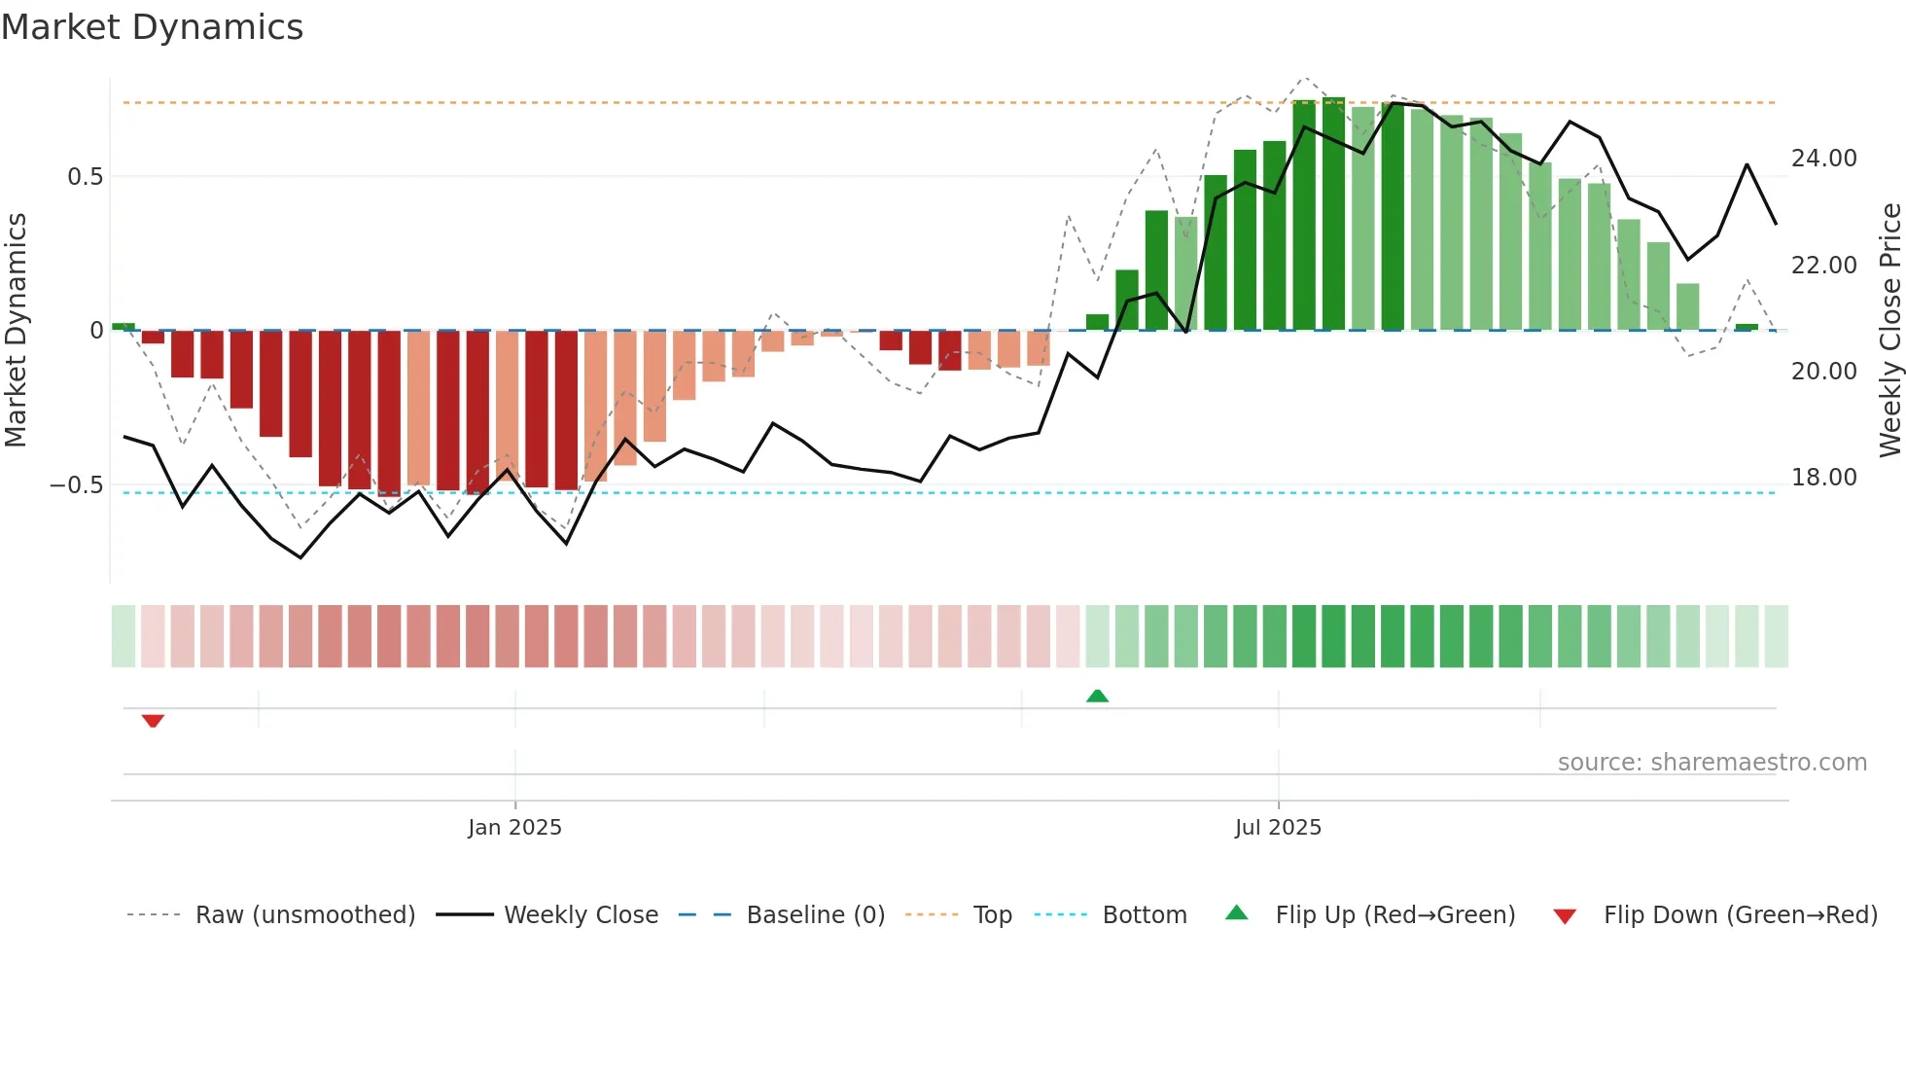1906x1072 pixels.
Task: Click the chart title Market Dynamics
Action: coord(153,27)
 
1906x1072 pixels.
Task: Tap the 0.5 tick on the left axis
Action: coord(85,177)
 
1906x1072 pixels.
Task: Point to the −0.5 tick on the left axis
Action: coord(76,485)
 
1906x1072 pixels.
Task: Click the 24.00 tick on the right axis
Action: coord(1823,159)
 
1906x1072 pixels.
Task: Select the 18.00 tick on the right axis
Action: coord(1823,478)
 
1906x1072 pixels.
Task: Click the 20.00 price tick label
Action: coord(1823,372)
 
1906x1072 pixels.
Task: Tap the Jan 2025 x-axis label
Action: coord(514,828)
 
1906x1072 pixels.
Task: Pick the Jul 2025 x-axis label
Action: coord(1278,828)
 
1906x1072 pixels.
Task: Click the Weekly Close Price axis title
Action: coord(1889,331)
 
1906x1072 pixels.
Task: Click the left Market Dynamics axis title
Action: coord(17,331)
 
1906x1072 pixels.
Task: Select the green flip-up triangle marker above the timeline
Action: coord(1097,696)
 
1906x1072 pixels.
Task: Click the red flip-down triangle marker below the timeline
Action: coord(153,721)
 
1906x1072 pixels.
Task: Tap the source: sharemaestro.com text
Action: coord(1712,763)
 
